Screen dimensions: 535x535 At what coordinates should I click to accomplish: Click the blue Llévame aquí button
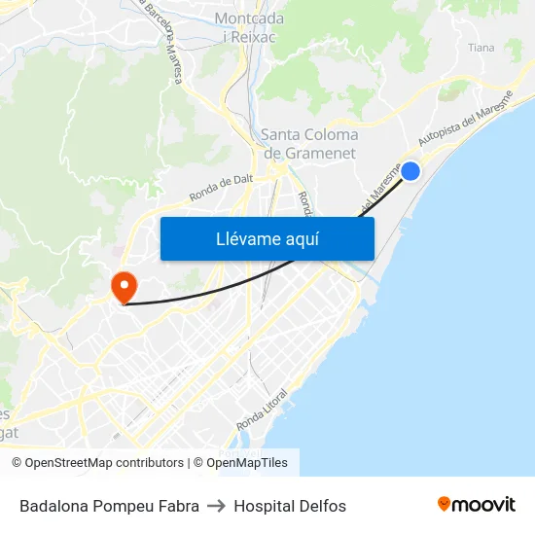pyautogui.click(x=267, y=238)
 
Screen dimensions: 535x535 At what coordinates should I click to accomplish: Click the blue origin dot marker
pyautogui.click(x=410, y=171)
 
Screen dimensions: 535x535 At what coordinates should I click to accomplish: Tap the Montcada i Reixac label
pyautogui.click(x=249, y=27)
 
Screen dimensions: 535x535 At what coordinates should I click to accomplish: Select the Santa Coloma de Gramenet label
pyautogui.click(x=309, y=144)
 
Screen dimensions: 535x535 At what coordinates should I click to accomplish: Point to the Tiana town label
pyautogui.click(x=481, y=48)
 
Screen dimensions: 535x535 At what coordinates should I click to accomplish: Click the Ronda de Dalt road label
pyautogui.click(x=221, y=187)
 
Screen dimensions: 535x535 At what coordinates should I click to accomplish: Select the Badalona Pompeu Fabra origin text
pyautogui.click(x=109, y=506)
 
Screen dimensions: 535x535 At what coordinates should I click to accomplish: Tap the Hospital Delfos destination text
pyautogui.click(x=290, y=506)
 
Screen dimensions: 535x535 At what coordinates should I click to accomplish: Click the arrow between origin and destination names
pyautogui.click(x=216, y=506)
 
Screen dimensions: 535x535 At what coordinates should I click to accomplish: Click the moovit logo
pyautogui.click(x=477, y=504)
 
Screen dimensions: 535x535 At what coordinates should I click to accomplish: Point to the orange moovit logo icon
pyautogui.click(x=445, y=504)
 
